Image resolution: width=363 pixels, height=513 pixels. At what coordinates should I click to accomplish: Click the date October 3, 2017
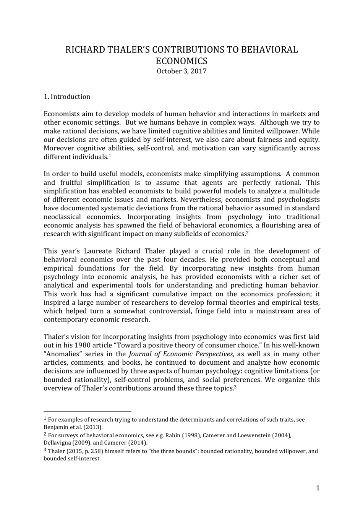[x=181, y=71]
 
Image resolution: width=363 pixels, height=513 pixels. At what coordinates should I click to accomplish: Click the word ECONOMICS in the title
[x=181, y=61]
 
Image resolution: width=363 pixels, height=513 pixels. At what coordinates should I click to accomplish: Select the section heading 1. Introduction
[x=67, y=97]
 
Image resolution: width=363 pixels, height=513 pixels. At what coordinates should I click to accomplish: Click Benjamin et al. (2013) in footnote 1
[x=73, y=427]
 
